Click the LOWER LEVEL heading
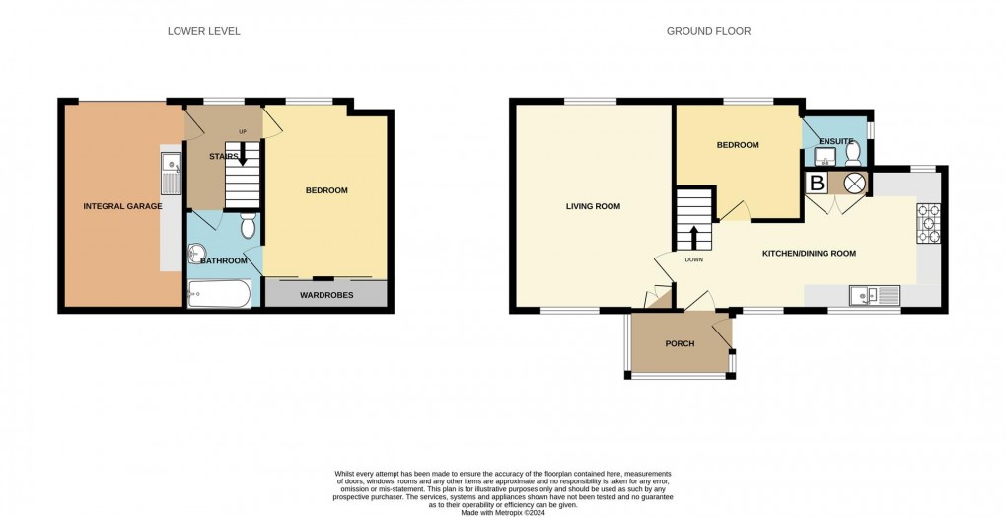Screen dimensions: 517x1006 coord(203,31)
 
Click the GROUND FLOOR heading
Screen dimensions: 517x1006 coord(708,31)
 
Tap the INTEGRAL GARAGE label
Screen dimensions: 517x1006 coord(122,206)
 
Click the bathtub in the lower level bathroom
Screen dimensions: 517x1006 coord(219,293)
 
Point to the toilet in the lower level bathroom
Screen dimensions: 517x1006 coord(248,226)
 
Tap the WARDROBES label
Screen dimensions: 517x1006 coord(325,293)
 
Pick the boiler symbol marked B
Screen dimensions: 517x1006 coord(817,184)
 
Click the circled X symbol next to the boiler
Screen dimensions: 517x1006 coord(853,184)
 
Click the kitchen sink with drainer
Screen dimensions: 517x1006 coord(875,294)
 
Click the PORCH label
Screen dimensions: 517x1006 coord(681,343)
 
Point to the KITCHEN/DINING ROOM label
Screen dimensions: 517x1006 coord(809,254)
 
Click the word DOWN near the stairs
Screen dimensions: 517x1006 coord(693,260)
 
